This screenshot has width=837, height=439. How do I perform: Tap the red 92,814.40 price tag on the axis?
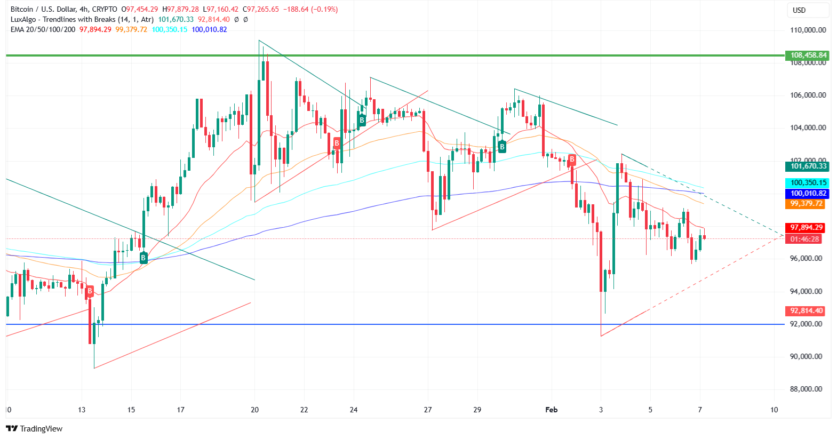pyautogui.click(x=805, y=310)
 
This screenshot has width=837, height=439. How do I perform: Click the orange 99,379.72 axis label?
pyautogui.click(x=805, y=203)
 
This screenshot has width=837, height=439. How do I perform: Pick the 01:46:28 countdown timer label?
pyautogui.click(x=805, y=239)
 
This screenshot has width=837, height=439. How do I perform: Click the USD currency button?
pyautogui.click(x=800, y=10)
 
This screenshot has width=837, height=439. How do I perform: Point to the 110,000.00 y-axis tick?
pyautogui.click(x=808, y=30)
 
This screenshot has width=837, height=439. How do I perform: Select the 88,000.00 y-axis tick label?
pyautogui.click(x=808, y=389)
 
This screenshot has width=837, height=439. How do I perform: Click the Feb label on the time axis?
pyautogui.click(x=551, y=410)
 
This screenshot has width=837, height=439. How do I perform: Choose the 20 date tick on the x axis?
pyautogui.click(x=254, y=410)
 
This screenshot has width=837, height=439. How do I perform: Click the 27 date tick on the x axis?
pyautogui.click(x=427, y=410)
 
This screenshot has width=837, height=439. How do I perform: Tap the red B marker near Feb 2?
pyautogui.click(x=572, y=159)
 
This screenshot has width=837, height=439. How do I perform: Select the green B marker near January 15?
pyautogui.click(x=143, y=258)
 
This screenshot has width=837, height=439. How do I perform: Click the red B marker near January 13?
pyautogui.click(x=90, y=291)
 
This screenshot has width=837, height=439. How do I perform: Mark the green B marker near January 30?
pyautogui.click(x=502, y=146)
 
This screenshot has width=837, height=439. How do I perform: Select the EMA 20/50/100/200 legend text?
pyautogui.click(x=43, y=29)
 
